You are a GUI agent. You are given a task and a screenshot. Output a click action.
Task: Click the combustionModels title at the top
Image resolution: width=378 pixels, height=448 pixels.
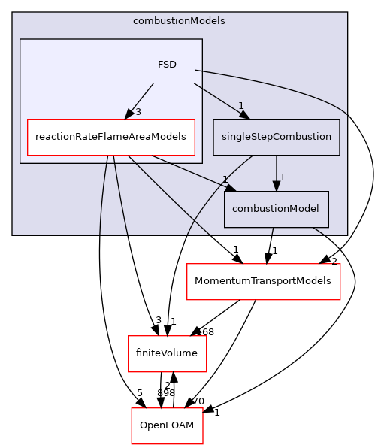179,21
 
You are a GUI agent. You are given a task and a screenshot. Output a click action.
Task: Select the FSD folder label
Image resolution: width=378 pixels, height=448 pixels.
167,65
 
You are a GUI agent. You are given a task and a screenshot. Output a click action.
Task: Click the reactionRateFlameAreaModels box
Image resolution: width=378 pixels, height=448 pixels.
111,137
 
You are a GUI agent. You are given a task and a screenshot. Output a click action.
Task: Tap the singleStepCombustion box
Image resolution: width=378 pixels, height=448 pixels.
277,137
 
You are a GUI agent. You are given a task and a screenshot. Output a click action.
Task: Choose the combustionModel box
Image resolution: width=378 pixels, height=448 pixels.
277,209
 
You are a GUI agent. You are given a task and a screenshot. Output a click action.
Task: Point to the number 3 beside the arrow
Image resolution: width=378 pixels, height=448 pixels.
138,112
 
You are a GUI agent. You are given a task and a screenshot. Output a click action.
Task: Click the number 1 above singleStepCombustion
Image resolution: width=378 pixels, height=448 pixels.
240,105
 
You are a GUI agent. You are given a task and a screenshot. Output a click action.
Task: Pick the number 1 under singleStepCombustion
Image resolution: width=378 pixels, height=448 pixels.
282,177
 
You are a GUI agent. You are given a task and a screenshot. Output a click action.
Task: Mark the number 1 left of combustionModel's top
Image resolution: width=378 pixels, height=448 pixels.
225,179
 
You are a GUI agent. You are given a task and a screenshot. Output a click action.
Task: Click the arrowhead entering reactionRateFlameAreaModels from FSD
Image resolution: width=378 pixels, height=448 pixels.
130,114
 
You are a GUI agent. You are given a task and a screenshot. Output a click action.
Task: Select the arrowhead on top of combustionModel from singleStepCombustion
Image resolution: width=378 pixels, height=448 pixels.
277,186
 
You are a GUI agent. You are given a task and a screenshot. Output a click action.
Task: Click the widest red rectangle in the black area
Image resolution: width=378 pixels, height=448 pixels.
263,282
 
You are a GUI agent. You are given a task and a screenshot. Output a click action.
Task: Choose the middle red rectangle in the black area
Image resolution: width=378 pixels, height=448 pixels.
167,353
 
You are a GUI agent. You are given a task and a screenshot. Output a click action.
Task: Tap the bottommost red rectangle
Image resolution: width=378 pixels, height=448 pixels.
167,425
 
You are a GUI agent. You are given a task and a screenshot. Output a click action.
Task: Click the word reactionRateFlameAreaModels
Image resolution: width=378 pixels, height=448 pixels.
111,137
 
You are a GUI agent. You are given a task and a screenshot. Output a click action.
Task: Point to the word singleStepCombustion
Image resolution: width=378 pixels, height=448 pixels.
277,137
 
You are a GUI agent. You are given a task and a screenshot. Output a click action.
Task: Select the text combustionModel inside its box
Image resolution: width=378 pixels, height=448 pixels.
277,209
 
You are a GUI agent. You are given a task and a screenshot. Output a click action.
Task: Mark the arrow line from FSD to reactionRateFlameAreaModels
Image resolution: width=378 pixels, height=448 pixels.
143,98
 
